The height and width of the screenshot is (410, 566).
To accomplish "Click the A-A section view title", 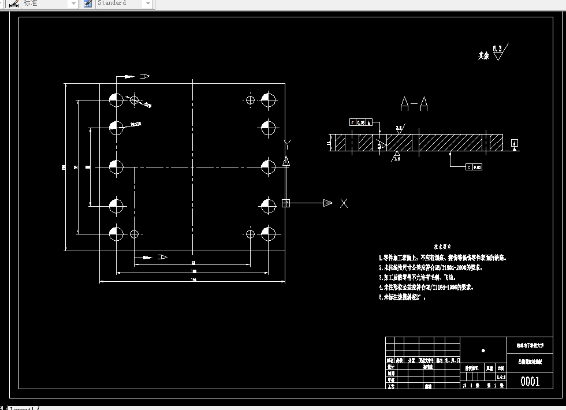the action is click(414, 105).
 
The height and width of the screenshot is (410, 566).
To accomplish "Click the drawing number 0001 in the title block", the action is click(530, 381).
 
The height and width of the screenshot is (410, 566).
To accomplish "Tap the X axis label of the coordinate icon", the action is click(344, 203).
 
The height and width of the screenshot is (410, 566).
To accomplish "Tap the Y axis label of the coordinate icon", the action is click(288, 143).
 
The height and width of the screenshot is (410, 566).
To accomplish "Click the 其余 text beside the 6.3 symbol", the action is click(483, 56).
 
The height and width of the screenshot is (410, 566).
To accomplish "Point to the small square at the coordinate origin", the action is click(285, 203).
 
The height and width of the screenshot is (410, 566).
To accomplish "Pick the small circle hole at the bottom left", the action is click(135, 234).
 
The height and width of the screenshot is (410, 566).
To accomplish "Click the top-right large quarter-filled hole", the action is click(267, 99).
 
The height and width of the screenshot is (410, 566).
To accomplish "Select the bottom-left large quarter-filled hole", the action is click(116, 234).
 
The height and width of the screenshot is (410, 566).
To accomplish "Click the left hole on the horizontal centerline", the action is click(116, 167).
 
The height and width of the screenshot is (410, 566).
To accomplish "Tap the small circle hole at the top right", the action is click(250, 100).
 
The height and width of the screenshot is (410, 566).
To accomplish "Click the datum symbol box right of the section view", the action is click(515, 143).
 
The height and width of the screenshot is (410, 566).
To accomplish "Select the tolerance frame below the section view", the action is click(473, 167).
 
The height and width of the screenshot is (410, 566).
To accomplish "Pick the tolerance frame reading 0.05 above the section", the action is click(359, 122).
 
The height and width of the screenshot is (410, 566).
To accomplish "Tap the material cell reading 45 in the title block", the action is click(483, 350).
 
